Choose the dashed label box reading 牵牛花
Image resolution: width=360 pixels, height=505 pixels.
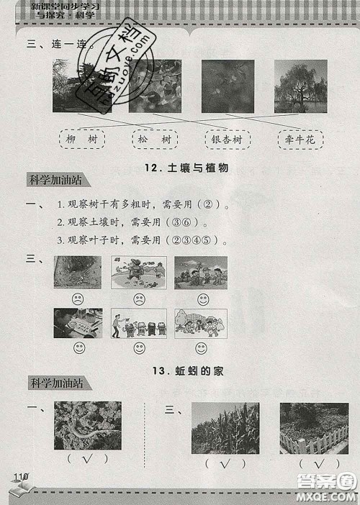299,138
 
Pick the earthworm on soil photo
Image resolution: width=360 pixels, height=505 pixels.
87,426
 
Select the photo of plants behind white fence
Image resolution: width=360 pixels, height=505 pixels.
313,428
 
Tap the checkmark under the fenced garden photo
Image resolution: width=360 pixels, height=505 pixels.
315,464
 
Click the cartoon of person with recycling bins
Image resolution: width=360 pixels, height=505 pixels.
138,324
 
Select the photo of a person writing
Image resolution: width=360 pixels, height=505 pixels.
78,324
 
